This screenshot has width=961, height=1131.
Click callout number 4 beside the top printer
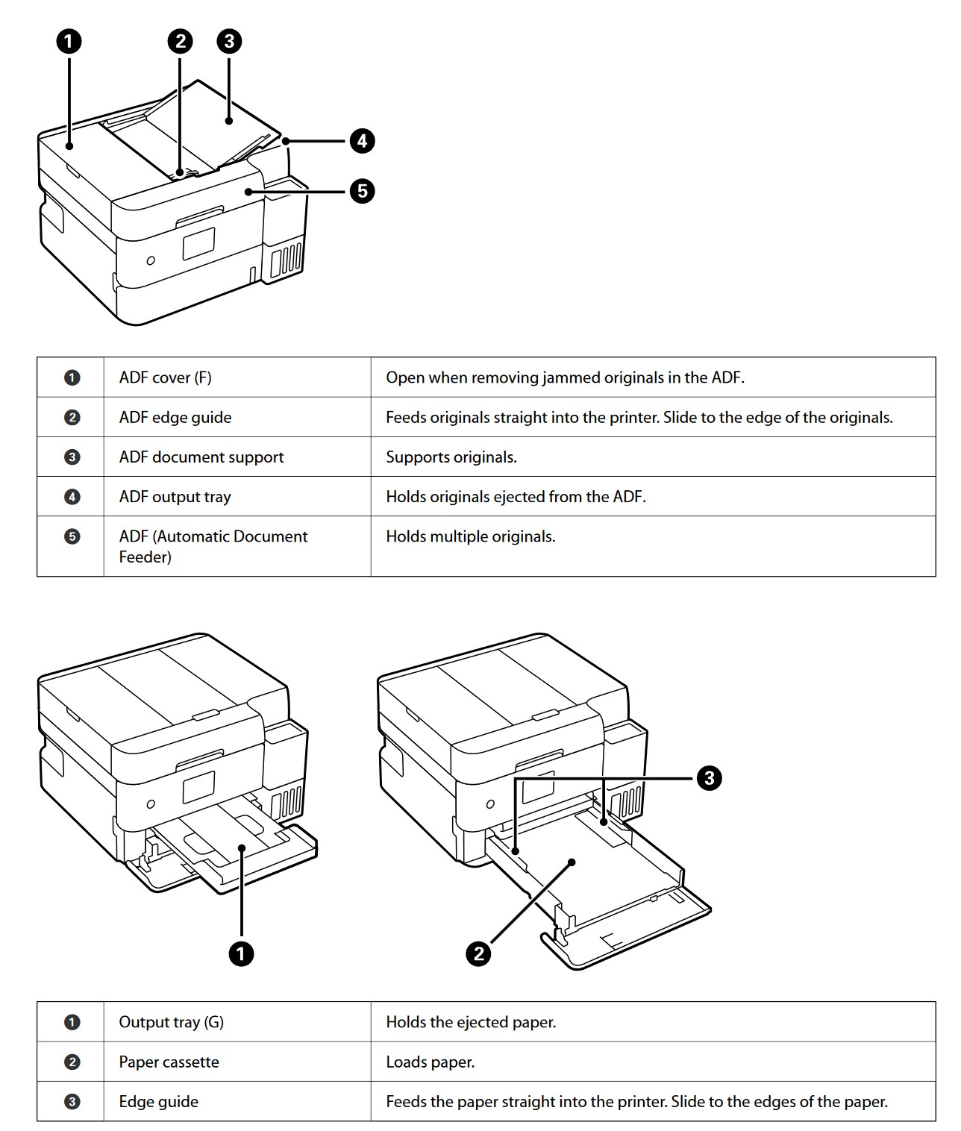coord(362,140)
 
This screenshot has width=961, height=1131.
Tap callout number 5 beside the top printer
coord(362,191)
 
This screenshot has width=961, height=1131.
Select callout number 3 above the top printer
coord(229,41)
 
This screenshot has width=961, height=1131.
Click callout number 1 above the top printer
coord(69,41)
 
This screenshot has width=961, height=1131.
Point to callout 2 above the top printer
coord(180,41)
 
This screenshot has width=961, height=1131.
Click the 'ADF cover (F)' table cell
coord(165,377)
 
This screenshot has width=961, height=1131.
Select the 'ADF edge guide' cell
coord(175,417)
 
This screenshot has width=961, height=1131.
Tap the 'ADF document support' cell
coord(201,457)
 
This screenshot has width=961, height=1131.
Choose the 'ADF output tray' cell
coord(175,497)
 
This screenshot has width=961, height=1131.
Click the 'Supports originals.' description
coord(451,457)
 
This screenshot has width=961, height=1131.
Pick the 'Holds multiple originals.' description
coord(470,536)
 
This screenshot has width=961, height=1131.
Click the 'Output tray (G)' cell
coord(171,1022)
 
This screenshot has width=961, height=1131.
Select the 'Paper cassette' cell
coord(169,1062)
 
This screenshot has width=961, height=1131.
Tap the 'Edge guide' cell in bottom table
coord(158,1101)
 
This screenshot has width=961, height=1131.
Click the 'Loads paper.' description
coord(430,1062)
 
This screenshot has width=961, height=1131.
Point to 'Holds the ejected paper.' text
coord(470,1022)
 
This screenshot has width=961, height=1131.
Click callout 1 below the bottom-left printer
coord(241,953)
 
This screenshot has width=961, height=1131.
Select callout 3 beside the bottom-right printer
coord(709,778)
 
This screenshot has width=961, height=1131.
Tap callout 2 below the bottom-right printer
coord(478,953)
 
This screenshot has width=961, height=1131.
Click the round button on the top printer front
coord(151,260)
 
